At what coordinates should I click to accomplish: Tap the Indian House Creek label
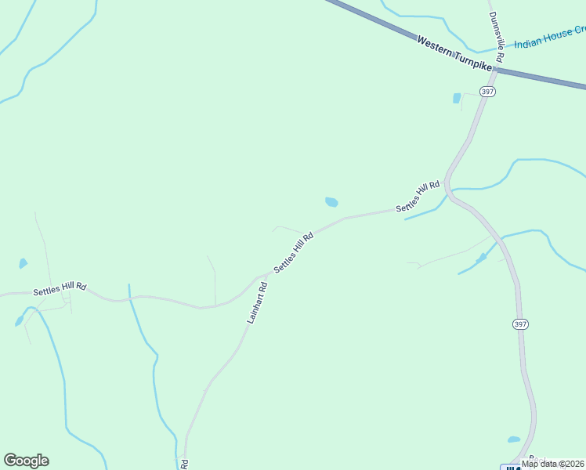[x=548, y=36]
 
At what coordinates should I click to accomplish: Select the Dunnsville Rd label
[x=496, y=32]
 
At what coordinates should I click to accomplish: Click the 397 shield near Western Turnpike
[x=487, y=92]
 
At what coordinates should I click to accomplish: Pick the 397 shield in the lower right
[x=520, y=324]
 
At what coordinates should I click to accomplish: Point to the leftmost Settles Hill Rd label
[x=60, y=290]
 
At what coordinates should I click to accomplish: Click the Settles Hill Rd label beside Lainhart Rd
[x=294, y=252]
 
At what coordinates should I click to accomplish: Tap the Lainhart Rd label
[x=258, y=303]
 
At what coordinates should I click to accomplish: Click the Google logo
[x=27, y=461]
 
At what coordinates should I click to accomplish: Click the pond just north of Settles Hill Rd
[x=331, y=202]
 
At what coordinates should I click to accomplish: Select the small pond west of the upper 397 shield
[x=457, y=99]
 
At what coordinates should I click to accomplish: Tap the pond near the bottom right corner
[x=514, y=439]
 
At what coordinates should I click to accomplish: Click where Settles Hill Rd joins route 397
[x=447, y=187]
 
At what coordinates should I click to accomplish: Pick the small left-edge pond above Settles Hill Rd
[x=24, y=263]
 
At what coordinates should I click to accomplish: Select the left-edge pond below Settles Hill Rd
[x=19, y=321]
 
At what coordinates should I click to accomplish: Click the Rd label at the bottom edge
[x=185, y=464]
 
